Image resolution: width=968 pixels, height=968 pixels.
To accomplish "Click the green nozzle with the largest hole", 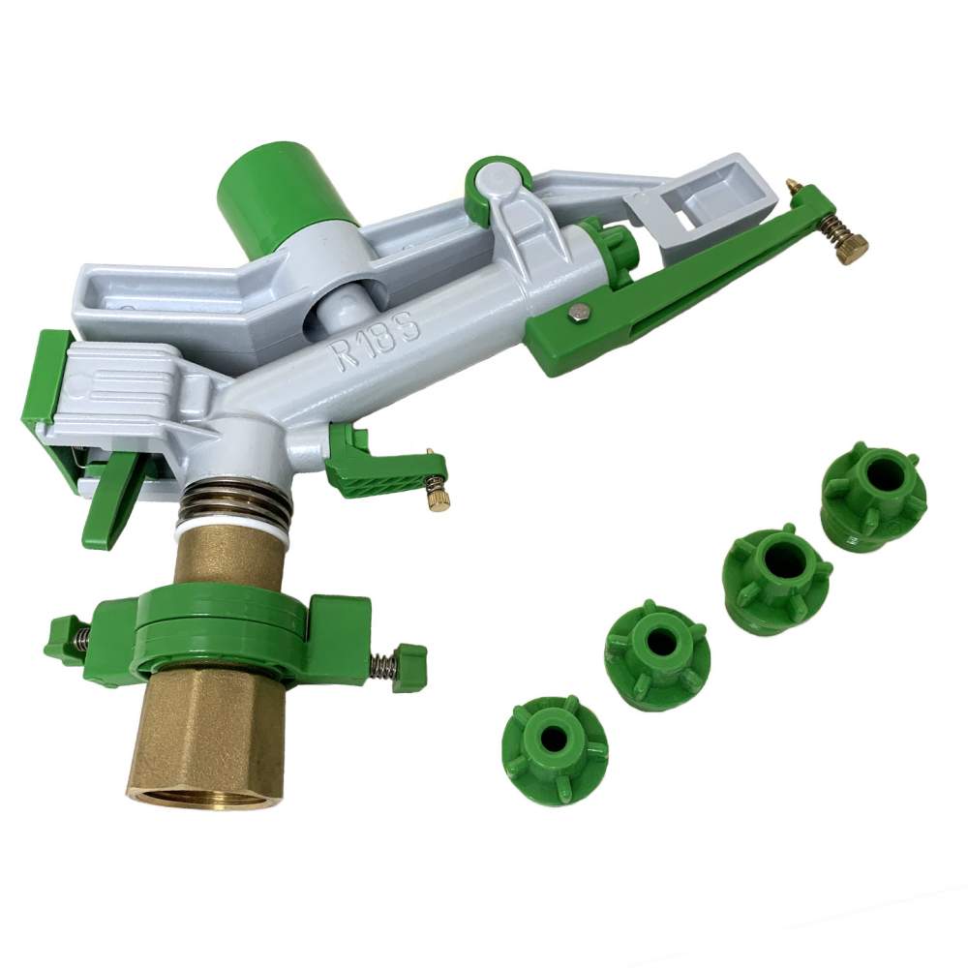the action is point(873,493).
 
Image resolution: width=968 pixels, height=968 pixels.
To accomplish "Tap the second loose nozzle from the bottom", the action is point(657,655).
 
